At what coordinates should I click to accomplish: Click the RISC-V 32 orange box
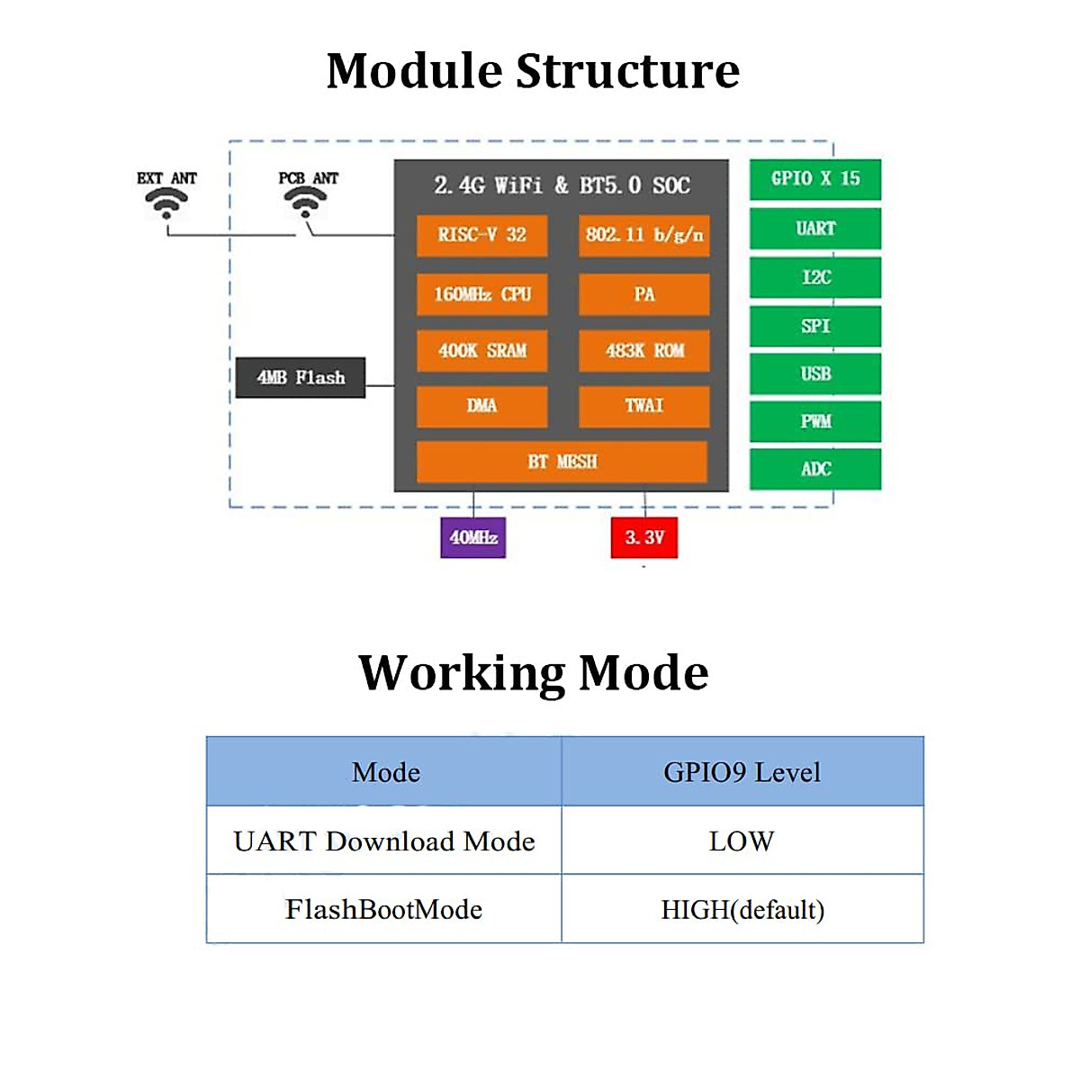(x=481, y=235)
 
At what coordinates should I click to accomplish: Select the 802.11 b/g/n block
(x=643, y=235)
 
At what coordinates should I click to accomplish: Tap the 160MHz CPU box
(x=481, y=294)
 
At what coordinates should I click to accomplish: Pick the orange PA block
(x=643, y=294)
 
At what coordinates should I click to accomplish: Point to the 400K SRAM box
(x=481, y=351)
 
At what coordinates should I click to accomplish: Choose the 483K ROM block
(x=643, y=351)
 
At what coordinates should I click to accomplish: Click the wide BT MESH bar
(x=562, y=462)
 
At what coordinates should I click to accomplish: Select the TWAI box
(x=643, y=406)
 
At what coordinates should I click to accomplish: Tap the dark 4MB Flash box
(x=301, y=378)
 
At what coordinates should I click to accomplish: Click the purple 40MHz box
(x=472, y=537)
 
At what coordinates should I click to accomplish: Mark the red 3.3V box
(x=643, y=537)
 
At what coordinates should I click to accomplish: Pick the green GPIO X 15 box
(x=814, y=179)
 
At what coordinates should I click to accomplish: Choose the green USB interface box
(x=814, y=373)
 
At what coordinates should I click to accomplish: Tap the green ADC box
(x=814, y=469)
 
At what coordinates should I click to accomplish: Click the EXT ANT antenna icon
(x=166, y=203)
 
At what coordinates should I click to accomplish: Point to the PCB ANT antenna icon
(x=306, y=203)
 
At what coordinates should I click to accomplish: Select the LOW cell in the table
(x=742, y=841)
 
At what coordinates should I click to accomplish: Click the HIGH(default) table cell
(x=742, y=910)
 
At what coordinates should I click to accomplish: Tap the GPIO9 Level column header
(x=742, y=772)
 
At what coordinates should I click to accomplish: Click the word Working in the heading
(x=461, y=673)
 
